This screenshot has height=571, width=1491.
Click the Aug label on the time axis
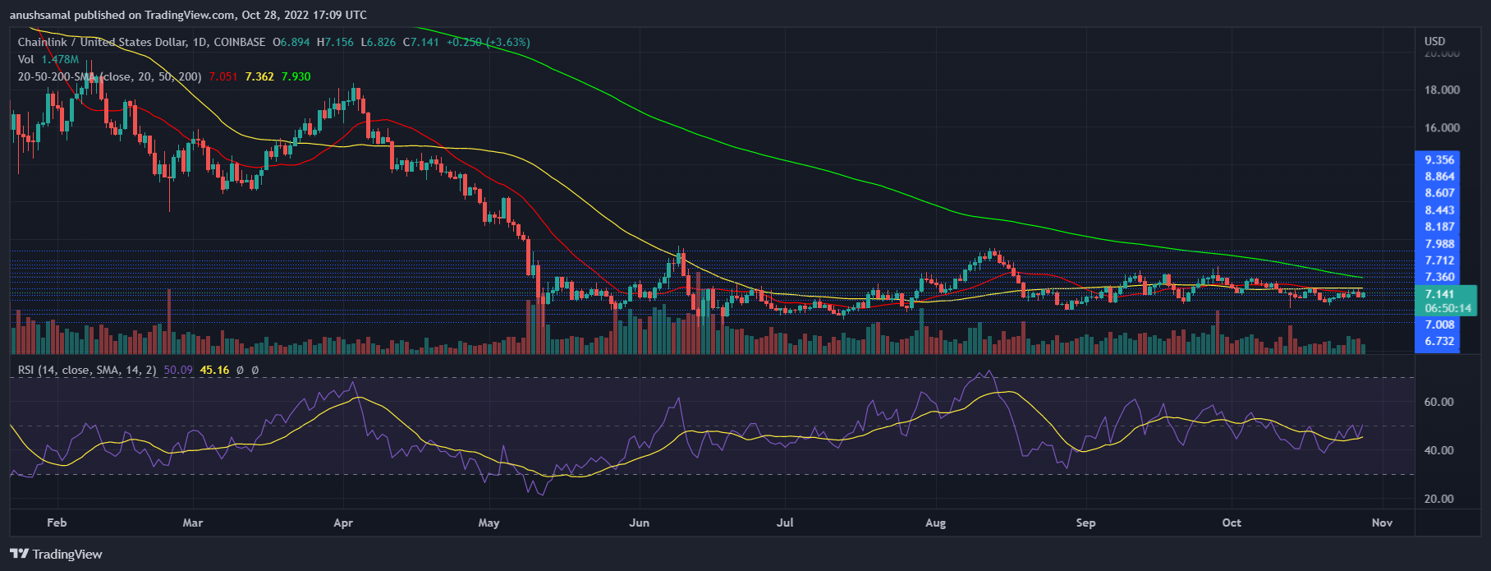[935, 523]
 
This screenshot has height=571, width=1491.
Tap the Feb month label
[57, 523]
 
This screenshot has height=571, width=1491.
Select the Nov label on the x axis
[1382, 523]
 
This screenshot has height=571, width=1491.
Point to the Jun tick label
[639, 523]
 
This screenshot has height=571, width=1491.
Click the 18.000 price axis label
[1442, 90]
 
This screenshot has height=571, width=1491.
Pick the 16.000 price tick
[1442, 128]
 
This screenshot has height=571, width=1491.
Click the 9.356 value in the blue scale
[1439, 160]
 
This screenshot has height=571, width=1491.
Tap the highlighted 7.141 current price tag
[1439, 294]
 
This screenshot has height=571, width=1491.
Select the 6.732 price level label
[1439, 342]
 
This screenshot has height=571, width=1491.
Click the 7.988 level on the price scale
[1439, 244]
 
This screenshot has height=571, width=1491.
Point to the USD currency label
[1434, 41]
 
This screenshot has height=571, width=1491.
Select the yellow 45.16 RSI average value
[214, 370]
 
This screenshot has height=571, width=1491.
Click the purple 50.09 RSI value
[178, 370]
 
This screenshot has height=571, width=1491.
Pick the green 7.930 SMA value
[296, 76]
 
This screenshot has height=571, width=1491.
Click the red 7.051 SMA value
[223, 76]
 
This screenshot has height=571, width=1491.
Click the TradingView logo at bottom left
[56, 555]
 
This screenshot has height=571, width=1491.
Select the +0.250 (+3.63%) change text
[488, 42]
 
